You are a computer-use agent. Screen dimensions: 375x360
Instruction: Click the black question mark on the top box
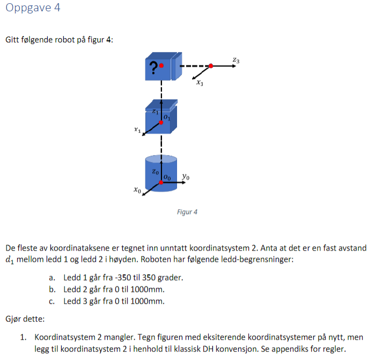(x=153, y=68)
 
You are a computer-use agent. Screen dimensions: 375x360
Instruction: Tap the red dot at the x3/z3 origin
(x=211, y=66)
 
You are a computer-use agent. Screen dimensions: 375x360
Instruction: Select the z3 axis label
(x=236, y=60)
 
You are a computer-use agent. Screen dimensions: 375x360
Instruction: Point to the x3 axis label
(x=200, y=83)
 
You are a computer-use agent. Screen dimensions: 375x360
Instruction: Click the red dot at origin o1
(x=161, y=122)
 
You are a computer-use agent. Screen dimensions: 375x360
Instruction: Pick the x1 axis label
(x=137, y=130)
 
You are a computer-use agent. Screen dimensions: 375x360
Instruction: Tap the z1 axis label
(x=155, y=112)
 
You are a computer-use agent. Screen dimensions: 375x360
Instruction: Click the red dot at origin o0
(x=161, y=182)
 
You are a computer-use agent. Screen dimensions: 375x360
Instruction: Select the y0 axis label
(x=186, y=177)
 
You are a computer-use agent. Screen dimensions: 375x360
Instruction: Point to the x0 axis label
(x=137, y=190)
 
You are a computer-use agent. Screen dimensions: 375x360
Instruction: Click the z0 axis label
(x=155, y=172)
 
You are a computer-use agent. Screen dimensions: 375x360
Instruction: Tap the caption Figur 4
(x=187, y=212)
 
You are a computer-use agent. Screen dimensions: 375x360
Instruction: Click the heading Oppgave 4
(x=33, y=8)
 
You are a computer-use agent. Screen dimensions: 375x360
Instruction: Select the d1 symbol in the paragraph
(x=10, y=260)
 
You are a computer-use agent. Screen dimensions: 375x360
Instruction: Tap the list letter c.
(x=52, y=302)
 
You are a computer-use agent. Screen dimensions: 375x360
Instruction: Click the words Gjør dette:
(x=25, y=319)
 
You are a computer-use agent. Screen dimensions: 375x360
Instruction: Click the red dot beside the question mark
(x=161, y=65)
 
